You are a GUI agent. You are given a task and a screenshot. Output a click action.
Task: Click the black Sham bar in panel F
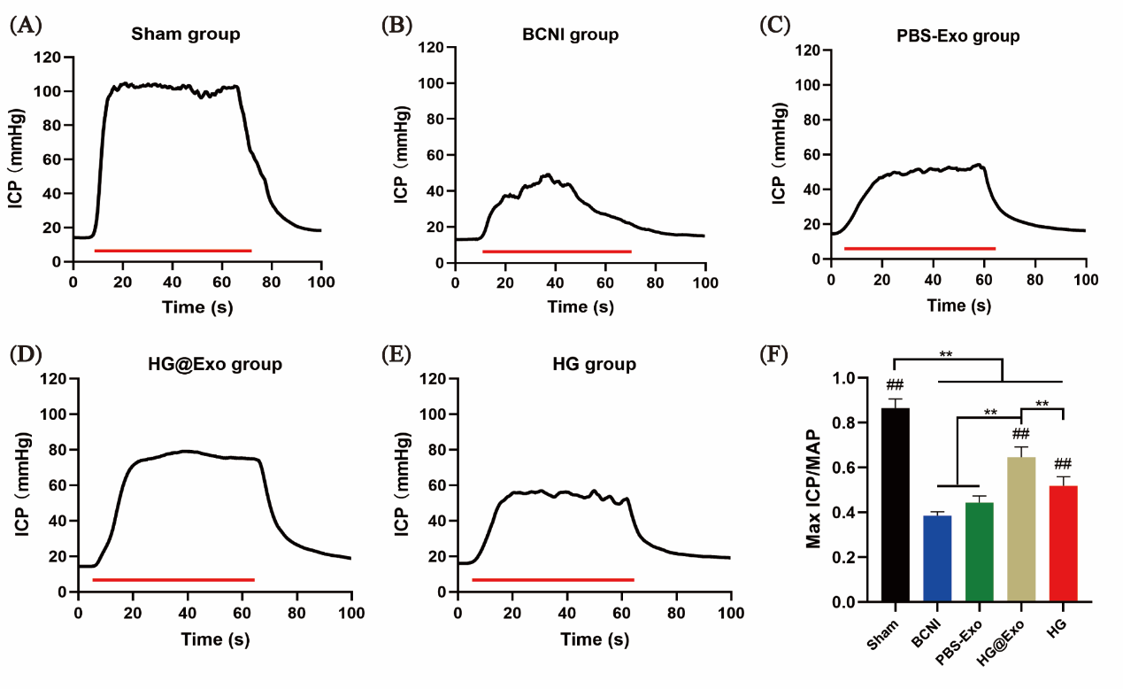(x=896, y=505)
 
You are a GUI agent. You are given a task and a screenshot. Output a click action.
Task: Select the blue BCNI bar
(x=937, y=559)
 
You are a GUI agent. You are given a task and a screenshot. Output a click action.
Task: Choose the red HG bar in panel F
(x=1062, y=544)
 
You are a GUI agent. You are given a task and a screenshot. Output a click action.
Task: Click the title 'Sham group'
(x=186, y=35)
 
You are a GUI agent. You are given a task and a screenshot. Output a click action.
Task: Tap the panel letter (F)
(x=774, y=354)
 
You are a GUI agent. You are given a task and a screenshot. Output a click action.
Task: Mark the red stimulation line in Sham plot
(x=173, y=251)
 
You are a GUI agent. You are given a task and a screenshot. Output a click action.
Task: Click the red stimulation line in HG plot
(x=553, y=580)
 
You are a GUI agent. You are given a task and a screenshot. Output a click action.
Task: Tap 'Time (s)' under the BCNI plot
(x=580, y=307)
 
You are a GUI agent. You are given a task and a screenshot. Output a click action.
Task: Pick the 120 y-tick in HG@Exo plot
(x=55, y=379)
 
